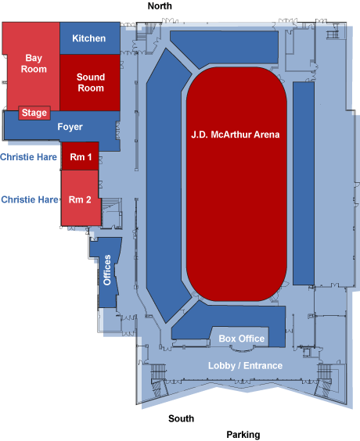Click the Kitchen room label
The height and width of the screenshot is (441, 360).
click(x=89, y=38)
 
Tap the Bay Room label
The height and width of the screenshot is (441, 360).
click(x=34, y=63)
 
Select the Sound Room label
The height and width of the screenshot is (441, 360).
click(x=91, y=82)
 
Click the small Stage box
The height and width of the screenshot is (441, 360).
click(x=34, y=113)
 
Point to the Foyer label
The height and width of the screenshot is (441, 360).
click(x=70, y=127)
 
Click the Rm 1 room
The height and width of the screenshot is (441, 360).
click(x=81, y=156)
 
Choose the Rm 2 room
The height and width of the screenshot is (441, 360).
click(x=81, y=198)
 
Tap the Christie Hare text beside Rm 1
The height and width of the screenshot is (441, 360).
click(x=28, y=156)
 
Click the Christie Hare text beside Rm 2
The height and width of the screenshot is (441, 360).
click(x=30, y=199)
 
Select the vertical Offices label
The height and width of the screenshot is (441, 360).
click(x=107, y=270)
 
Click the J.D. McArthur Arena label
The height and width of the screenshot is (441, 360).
click(x=236, y=134)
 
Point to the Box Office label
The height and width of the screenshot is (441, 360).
click(x=242, y=339)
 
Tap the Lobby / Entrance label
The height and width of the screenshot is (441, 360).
click(x=245, y=365)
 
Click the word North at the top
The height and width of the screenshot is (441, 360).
click(x=160, y=6)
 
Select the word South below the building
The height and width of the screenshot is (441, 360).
click(x=181, y=418)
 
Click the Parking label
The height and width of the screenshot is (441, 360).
click(x=243, y=435)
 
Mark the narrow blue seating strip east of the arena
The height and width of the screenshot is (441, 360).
click(x=304, y=184)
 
